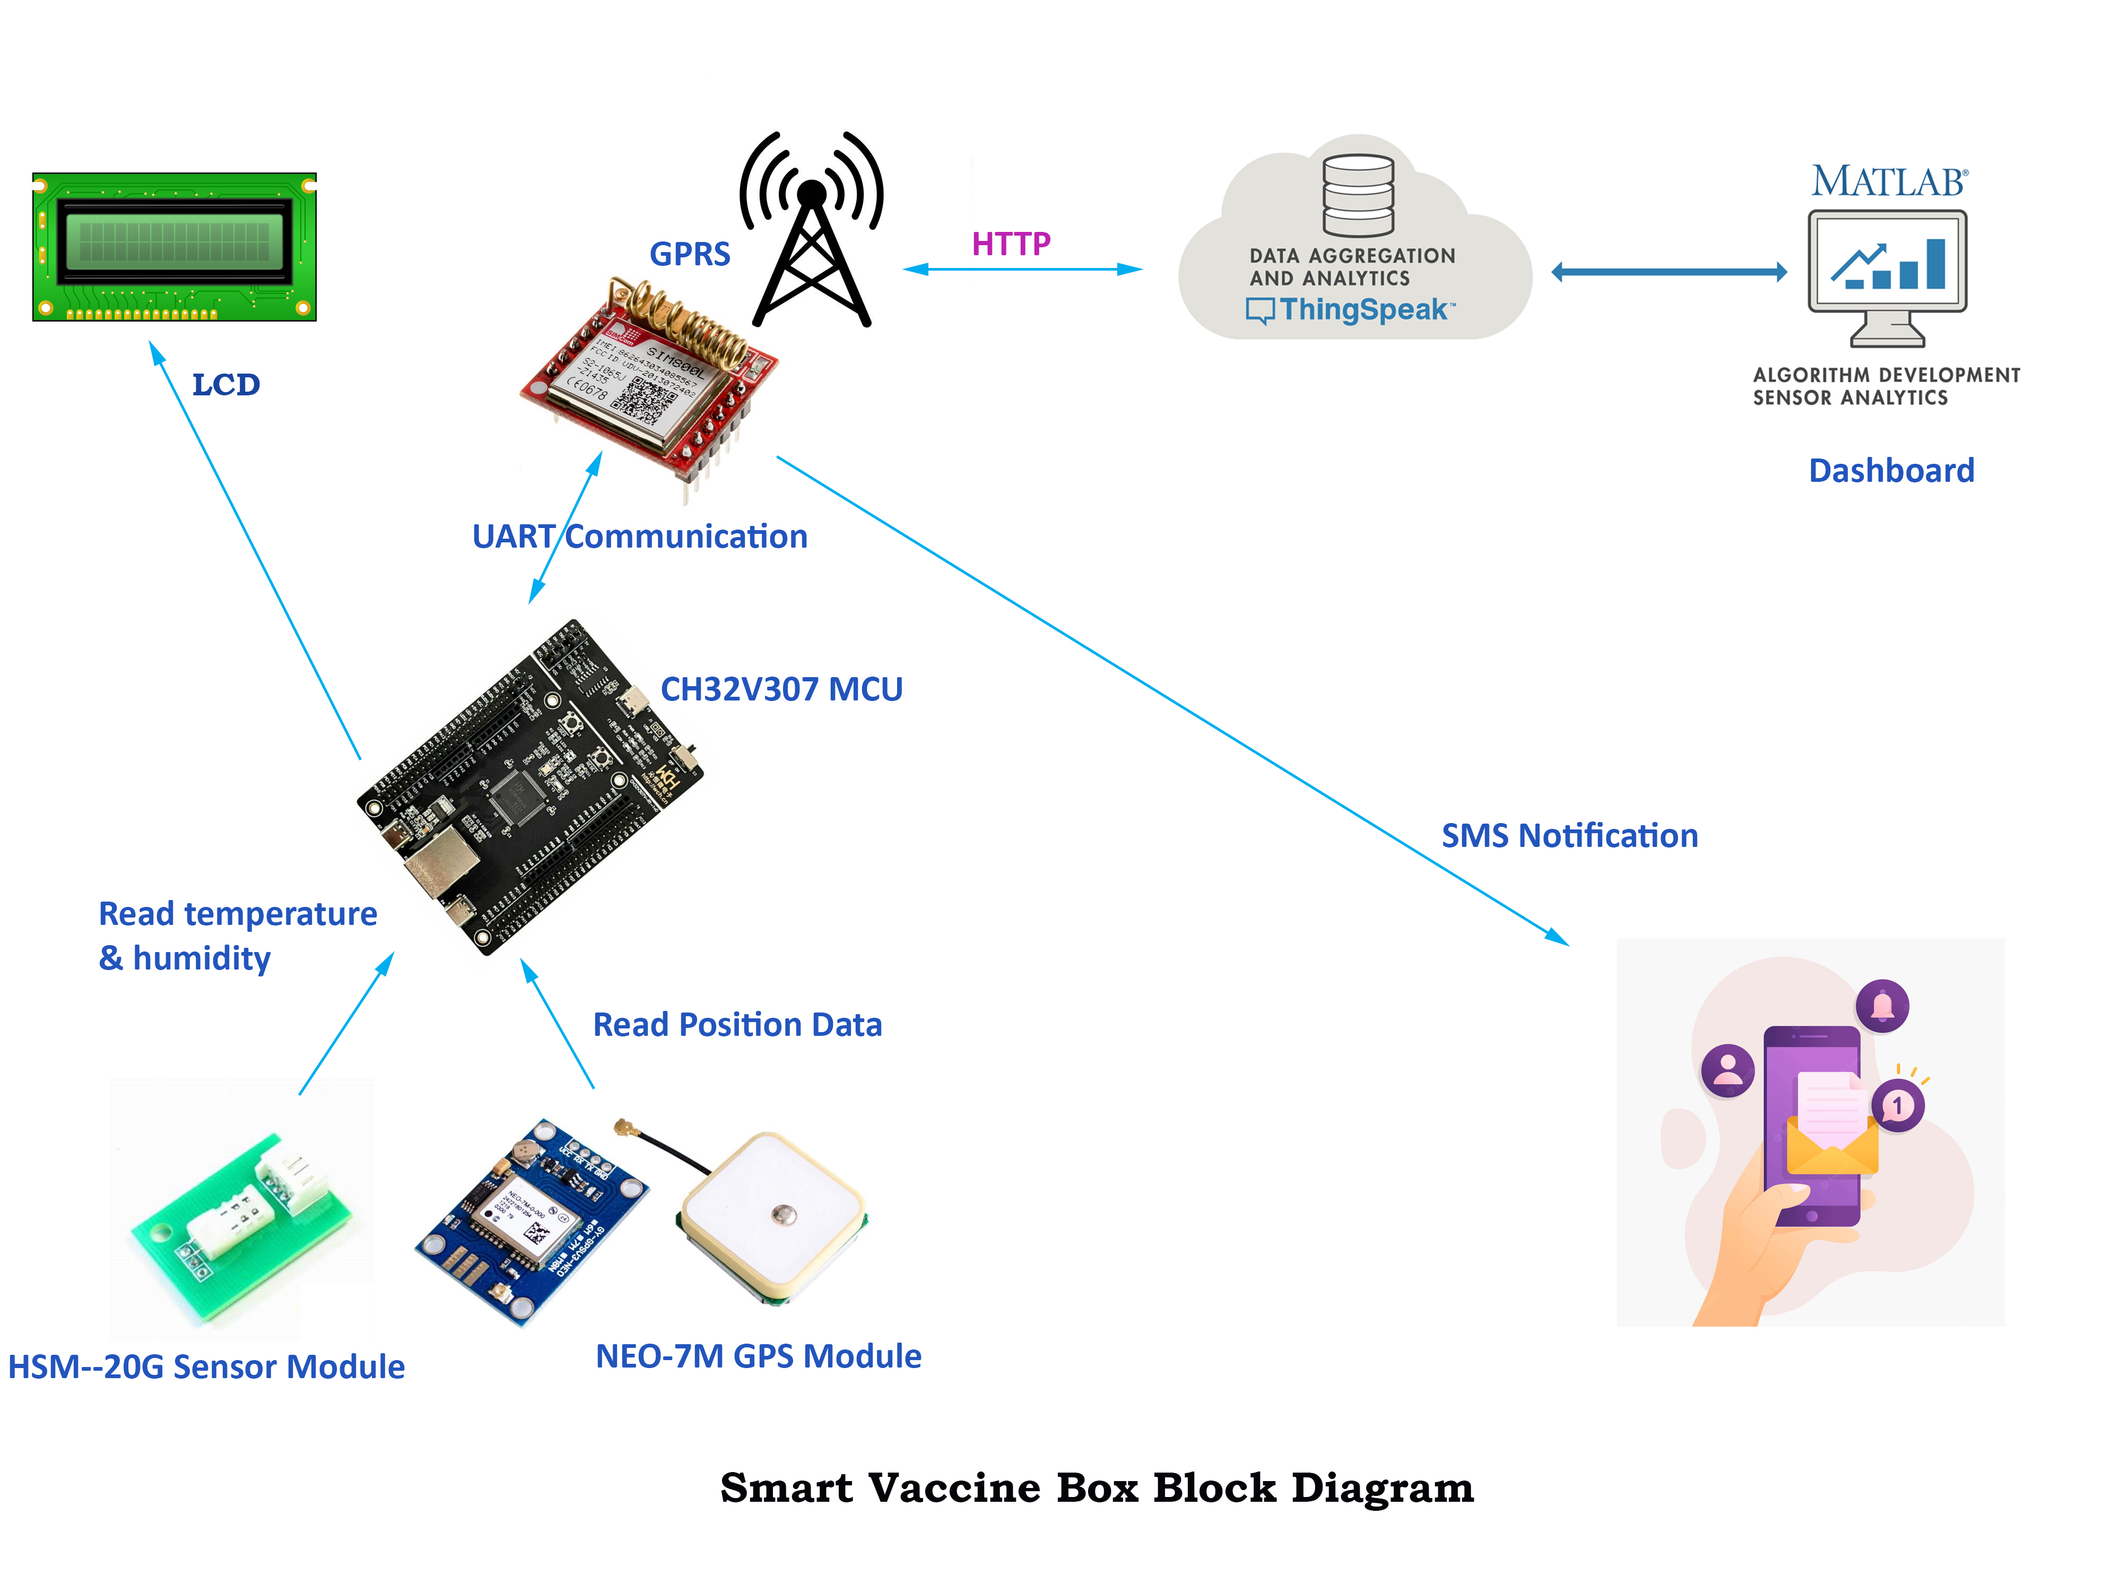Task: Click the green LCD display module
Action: click(175, 247)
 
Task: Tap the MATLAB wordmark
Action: click(1888, 181)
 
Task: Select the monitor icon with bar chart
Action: click(1887, 273)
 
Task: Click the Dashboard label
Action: click(1891, 470)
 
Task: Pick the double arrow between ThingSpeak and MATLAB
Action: click(1669, 273)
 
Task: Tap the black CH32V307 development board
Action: click(529, 787)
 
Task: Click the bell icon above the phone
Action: click(1882, 1006)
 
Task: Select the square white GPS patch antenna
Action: click(773, 1217)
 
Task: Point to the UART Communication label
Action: click(640, 537)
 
